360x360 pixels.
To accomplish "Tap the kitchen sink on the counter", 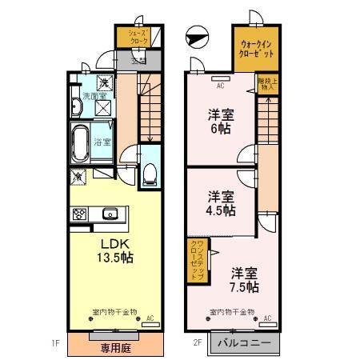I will pyautogui.click(x=110, y=213).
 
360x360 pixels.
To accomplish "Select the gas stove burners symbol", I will pyautogui.click(x=80, y=214).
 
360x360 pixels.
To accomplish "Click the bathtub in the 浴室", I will pyautogui.click(x=80, y=144).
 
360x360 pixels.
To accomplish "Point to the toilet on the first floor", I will pyautogui.click(x=150, y=174).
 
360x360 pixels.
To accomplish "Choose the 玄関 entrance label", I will pyautogui.click(x=138, y=59).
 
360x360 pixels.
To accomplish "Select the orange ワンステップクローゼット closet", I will pyautogui.click(x=197, y=259).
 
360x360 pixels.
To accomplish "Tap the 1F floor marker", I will pyautogui.click(x=57, y=343).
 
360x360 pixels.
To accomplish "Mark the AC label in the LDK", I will pyautogui.click(x=150, y=318).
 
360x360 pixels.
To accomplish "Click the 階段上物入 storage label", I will pyautogui.click(x=267, y=84).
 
